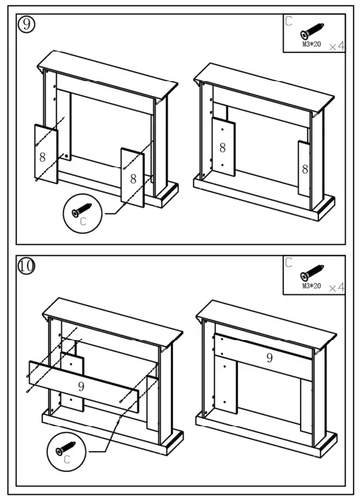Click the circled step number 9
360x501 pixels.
click(27, 25)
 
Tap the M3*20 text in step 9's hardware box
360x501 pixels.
click(311, 44)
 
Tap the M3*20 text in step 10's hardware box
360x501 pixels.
click(311, 286)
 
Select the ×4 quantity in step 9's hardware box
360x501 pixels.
click(337, 46)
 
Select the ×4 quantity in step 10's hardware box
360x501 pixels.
click(337, 287)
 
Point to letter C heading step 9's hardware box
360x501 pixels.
click(289, 21)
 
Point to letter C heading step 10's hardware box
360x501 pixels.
click(289, 263)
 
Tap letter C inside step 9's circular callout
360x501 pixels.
click(83, 221)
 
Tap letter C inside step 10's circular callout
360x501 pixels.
click(67, 459)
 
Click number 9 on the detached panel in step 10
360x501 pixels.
click(81, 386)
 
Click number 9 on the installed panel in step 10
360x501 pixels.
click(269, 358)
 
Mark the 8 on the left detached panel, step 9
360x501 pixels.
click(43, 157)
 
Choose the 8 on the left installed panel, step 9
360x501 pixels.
click(222, 147)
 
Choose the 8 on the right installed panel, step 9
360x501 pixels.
click(306, 169)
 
